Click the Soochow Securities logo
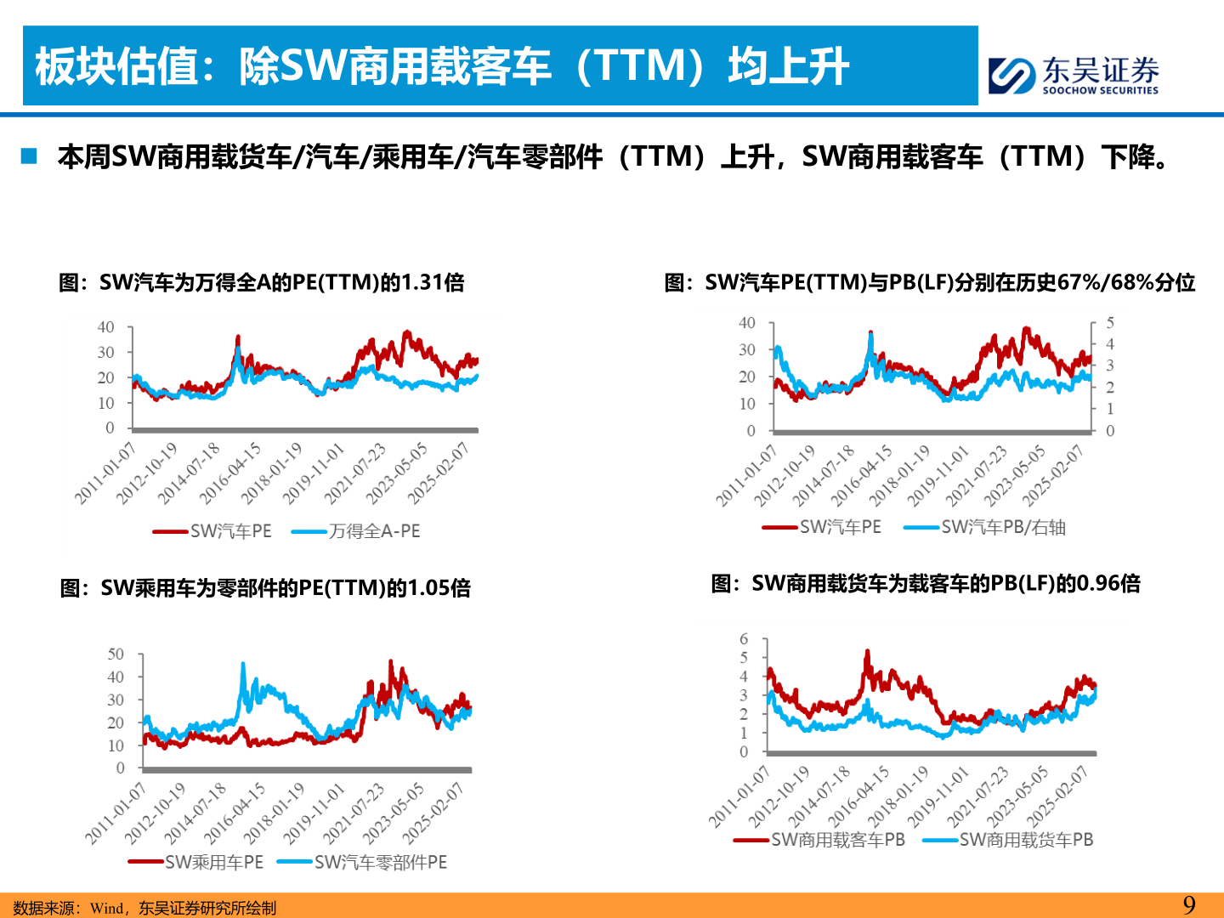(x=1073, y=75)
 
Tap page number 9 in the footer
(x=1189, y=904)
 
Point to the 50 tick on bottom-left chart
(x=116, y=654)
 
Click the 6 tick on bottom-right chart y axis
(x=744, y=638)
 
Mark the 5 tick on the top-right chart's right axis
(x=1110, y=323)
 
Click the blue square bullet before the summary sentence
(x=30, y=156)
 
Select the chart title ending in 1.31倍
(x=262, y=282)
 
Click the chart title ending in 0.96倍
(x=926, y=583)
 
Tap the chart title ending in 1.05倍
(x=265, y=587)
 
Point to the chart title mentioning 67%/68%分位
(x=929, y=282)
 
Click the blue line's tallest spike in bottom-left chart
(x=243, y=665)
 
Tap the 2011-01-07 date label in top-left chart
(x=104, y=474)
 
